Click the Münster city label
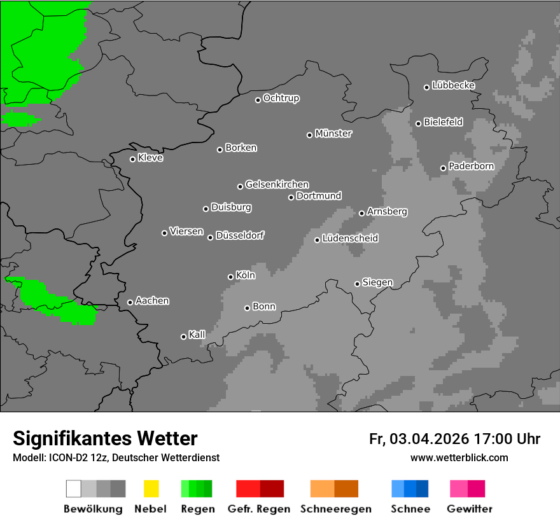tap(333, 134)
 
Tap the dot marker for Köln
tap(230, 277)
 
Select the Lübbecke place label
tap(453, 85)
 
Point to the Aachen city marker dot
tap(130, 302)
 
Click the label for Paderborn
tap(471, 166)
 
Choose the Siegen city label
tap(377, 282)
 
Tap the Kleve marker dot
tap(132, 159)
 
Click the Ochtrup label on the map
tap(281, 98)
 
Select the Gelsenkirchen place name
tap(277, 184)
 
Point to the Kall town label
tap(197, 335)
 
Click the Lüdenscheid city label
tap(350, 239)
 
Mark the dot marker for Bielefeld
tap(418, 123)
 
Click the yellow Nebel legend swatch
tap(151, 489)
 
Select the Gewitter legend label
tap(470, 509)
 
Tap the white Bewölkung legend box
tap(74, 489)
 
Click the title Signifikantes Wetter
tap(105, 439)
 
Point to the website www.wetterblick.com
tap(459, 457)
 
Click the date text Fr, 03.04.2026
tap(419, 439)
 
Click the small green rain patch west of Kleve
tap(19, 118)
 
